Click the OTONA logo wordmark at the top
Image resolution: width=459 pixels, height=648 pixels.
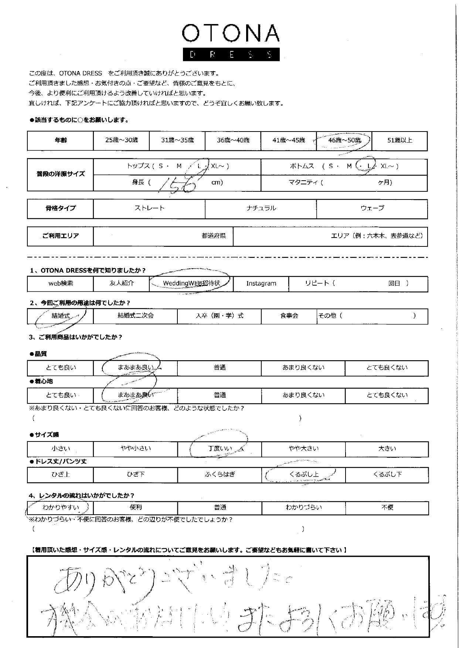[231, 34]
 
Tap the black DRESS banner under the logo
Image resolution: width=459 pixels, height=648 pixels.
[231, 55]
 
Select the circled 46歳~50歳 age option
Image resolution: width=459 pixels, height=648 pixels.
[344, 140]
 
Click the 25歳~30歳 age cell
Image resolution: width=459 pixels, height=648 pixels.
[121, 140]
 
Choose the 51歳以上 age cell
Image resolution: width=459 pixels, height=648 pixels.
[399, 140]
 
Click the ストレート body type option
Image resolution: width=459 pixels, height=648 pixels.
[149, 208]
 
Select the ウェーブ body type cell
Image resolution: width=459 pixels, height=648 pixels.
[372, 208]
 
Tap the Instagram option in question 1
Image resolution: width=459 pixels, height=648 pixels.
[261, 284]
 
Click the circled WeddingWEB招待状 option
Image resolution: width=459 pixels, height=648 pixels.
[191, 284]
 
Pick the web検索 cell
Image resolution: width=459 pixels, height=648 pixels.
[61, 284]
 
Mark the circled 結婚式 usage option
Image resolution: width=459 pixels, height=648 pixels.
[61, 316]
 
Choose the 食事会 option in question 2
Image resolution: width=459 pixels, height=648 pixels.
[289, 316]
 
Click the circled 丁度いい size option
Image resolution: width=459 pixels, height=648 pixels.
[220, 449]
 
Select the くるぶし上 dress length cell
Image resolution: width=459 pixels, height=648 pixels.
[304, 475]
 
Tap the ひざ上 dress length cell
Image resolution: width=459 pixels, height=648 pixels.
[61, 475]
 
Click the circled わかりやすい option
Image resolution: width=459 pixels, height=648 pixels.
[61, 508]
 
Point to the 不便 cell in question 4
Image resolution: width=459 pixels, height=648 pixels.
[387, 508]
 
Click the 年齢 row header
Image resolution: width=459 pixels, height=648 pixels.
[61, 140]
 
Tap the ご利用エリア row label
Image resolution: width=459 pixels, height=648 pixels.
[61, 236]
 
